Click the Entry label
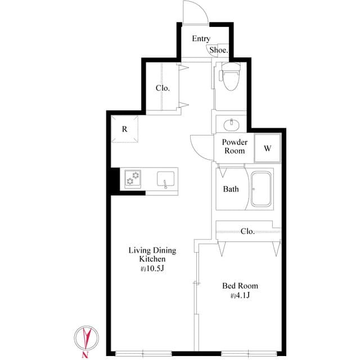tap(201, 39)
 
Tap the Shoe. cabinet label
tap(219, 50)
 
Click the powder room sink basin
tap(231, 124)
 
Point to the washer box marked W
tap(268, 148)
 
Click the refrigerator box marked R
tap(124, 129)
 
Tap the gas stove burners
tap(133, 178)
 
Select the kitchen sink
tap(165, 179)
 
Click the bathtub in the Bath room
tap(262, 188)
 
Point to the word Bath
tap(231, 189)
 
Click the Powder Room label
tap(235, 147)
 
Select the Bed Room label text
tap(240, 286)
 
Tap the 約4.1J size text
tap(240, 296)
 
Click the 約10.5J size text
tap(152, 269)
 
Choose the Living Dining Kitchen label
tap(152, 255)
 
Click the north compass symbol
tap(85, 339)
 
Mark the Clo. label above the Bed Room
tap(247, 231)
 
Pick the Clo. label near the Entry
tap(163, 88)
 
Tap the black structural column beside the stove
tap(114, 180)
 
